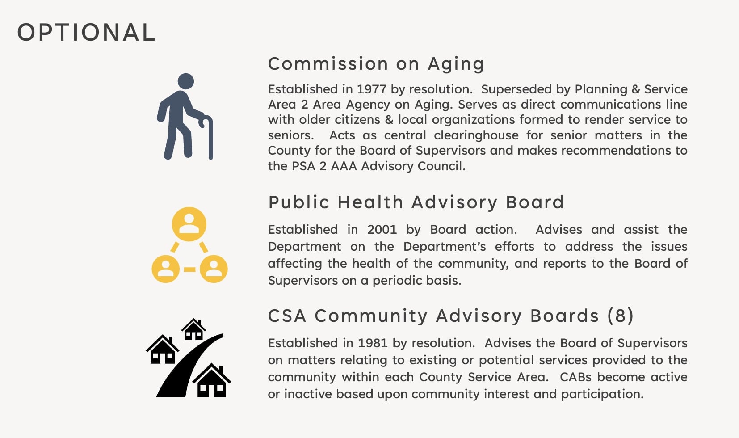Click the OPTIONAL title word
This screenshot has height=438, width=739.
[x=86, y=33]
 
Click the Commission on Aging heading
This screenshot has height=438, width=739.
[x=376, y=64]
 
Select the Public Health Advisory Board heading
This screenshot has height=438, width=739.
[x=416, y=202]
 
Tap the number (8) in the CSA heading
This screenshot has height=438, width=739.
[x=620, y=316]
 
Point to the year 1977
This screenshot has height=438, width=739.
[x=372, y=89]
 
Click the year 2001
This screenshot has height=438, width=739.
[x=382, y=230]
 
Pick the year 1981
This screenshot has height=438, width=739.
[x=373, y=343]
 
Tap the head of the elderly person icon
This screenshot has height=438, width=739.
[x=185, y=81]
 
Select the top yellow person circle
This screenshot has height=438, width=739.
[x=189, y=224]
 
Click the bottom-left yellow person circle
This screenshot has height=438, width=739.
[x=166, y=269]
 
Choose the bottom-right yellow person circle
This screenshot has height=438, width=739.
[x=214, y=269]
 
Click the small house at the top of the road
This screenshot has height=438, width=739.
[x=193, y=329]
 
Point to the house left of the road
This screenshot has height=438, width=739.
[x=162, y=350]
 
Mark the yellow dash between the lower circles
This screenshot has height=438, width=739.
[x=189, y=270]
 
